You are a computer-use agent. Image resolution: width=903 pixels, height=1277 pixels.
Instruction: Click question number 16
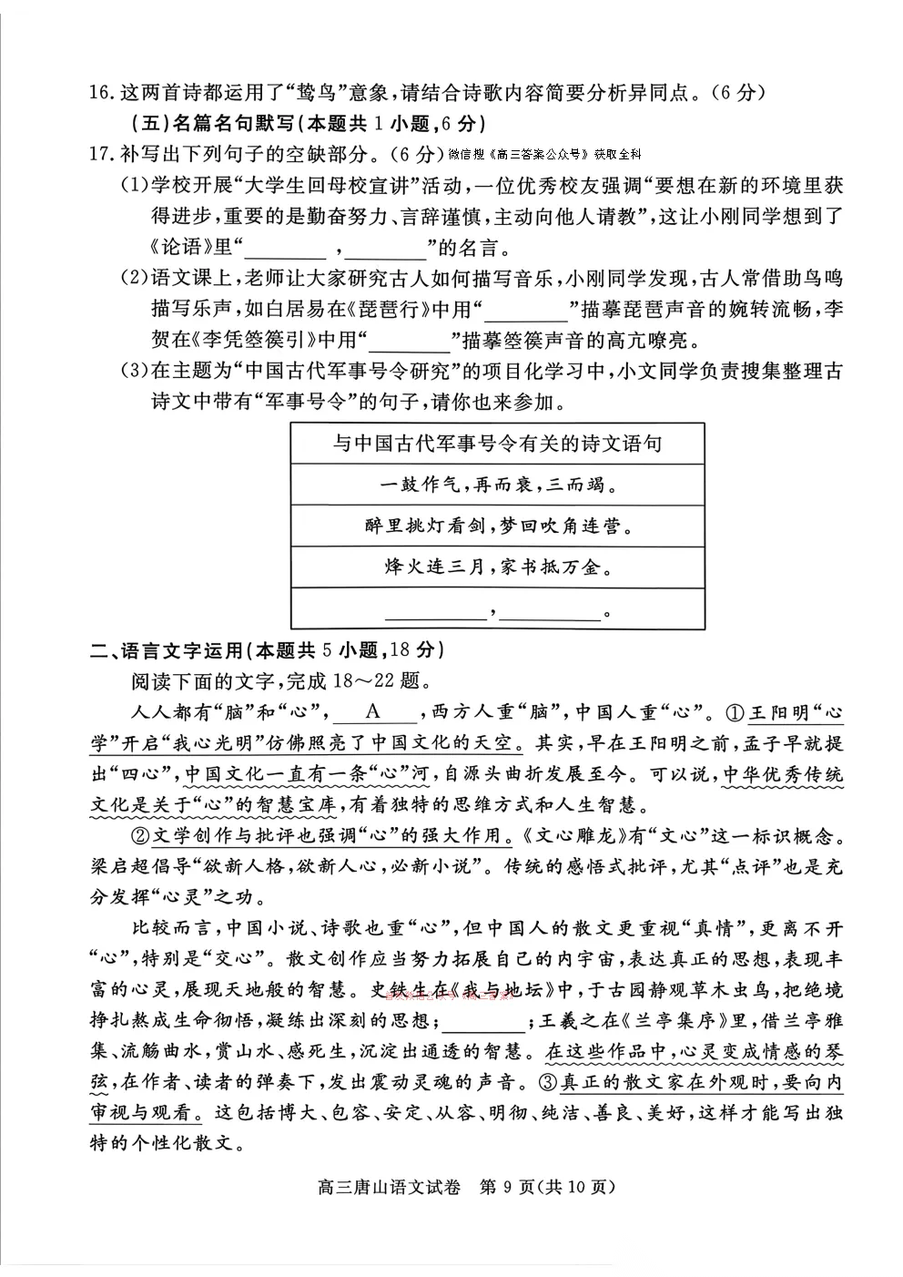(x=101, y=92)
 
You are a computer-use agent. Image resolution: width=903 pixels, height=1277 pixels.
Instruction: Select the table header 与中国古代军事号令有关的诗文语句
(x=497, y=444)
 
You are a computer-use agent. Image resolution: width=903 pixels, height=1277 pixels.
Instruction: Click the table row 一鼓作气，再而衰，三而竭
(x=497, y=485)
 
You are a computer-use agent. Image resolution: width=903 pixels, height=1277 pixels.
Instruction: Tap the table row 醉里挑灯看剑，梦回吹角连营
(x=497, y=526)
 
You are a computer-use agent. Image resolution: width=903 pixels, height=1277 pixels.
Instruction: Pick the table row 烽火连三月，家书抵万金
(x=497, y=567)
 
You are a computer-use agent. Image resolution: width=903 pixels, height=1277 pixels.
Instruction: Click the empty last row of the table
(x=497, y=609)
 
